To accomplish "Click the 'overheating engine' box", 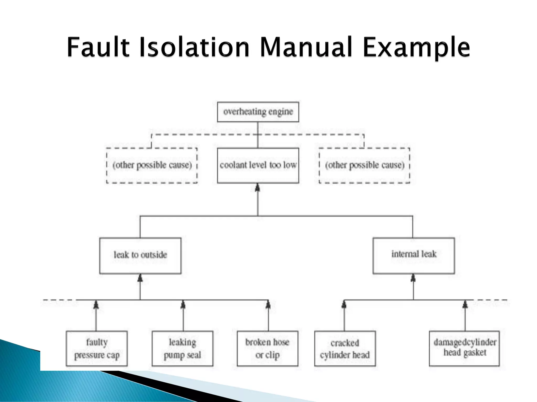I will (258, 112).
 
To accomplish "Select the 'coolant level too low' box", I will (258, 165).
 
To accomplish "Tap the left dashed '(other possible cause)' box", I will (152, 165).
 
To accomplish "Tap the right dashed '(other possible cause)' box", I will (364, 165).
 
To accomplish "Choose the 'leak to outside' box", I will (140, 255).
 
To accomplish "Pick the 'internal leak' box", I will (414, 255).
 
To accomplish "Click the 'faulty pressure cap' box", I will (97, 348).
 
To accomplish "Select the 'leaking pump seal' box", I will (182, 348).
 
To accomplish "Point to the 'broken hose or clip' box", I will (267, 348).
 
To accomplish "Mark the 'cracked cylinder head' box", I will (345, 348).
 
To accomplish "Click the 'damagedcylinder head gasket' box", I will (464, 348).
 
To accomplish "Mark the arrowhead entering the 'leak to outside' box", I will (140, 278).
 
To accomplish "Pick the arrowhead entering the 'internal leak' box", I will (413, 278).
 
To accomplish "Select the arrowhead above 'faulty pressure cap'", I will (96, 305).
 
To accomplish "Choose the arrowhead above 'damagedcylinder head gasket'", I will (465, 305).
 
